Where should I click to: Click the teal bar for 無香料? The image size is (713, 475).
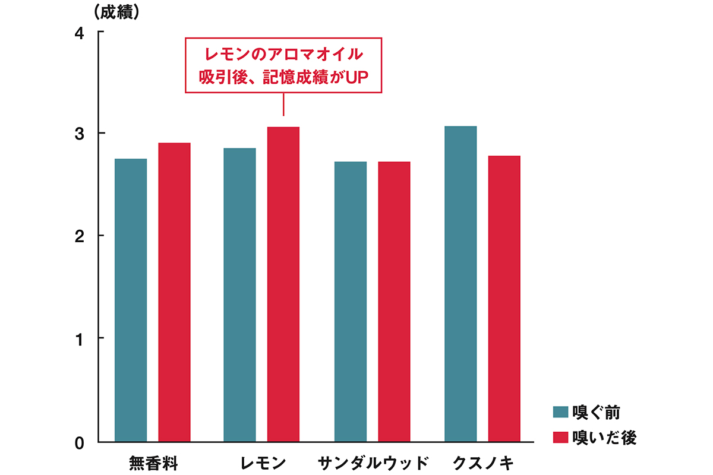pos(131,300)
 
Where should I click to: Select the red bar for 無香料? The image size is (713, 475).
pos(174,292)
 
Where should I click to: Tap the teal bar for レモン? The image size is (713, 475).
pos(239,294)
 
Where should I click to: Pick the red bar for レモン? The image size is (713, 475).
pos(283,284)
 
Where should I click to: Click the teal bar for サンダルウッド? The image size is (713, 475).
pos(351,302)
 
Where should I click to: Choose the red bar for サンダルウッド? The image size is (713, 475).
pos(394,302)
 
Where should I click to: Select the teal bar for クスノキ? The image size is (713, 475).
pos(460,284)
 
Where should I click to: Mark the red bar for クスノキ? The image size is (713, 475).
pos(504,299)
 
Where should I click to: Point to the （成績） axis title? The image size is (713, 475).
pos(116,12)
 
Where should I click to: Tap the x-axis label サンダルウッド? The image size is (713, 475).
pos(373,463)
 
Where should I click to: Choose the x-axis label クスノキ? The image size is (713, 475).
pos(482,463)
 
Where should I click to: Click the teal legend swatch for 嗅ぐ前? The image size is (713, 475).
pos(561,412)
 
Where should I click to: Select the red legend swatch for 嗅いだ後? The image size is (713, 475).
pos(561,437)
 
